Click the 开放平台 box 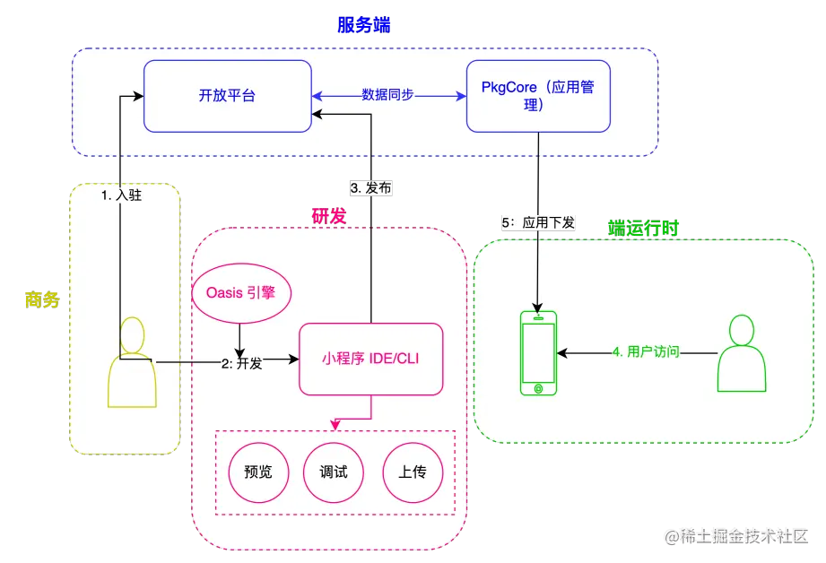point(227,95)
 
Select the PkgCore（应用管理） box point(538,96)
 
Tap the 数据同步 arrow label point(387,95)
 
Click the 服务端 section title point(366,25)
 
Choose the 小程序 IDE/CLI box point(370,359)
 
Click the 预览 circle point(257,472)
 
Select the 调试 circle point(334,472)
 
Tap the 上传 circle point(412,472)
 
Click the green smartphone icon point(538,352)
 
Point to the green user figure point(742,353)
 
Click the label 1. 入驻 point(122,195)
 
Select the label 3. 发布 point(370,188)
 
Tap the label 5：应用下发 point(538,221)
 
